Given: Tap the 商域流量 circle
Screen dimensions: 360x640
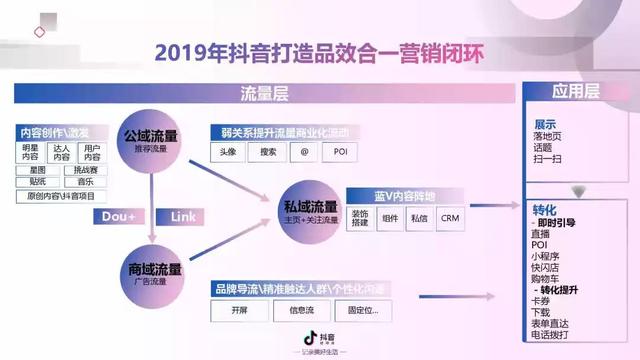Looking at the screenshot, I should tap(154, 273).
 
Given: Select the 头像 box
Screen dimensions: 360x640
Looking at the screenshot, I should tap(228, 153).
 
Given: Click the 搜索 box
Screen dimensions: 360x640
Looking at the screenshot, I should tap(267, 153).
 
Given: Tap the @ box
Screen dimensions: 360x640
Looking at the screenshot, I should tap(305, 153).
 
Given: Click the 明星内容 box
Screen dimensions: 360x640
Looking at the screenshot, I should tap(30, 152).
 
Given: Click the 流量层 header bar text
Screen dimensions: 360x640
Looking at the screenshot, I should tap(265, 94).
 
